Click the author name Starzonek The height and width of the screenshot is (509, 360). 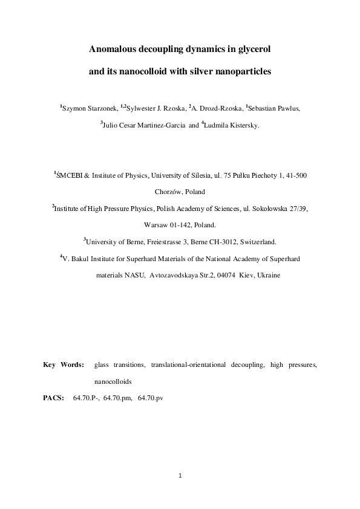coord(100,108)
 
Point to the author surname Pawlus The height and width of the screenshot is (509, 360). coord(286,108)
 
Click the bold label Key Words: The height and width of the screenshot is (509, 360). coord(64,365)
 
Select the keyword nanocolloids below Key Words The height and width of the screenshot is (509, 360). coord(113,382)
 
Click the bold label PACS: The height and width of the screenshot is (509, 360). coord(54,398)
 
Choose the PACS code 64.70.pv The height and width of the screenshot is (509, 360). coord(151,398)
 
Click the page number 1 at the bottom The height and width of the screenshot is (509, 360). coord(180,475)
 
